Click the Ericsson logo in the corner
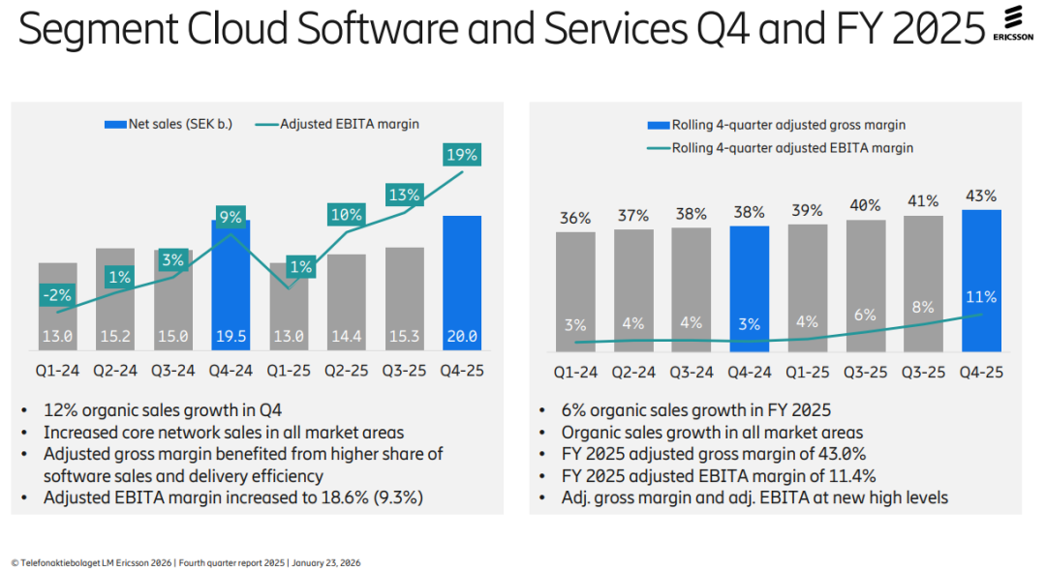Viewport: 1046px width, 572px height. coord(1013,24)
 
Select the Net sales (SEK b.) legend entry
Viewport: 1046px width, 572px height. coord(169,124)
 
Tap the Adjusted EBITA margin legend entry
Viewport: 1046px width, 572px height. coord(337,124)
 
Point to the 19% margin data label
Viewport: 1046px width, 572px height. coord(462,154)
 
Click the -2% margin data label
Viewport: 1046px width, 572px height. coord(56,295)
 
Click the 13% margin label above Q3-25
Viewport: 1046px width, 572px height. coord(404,195)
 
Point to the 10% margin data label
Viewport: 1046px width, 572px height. coord(346,215)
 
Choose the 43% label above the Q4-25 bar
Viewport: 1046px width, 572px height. coord(980,196)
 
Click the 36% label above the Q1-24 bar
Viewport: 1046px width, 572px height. coord(575,219)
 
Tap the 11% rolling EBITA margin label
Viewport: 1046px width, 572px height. coord(980,296)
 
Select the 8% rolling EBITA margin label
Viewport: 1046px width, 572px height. coord(922,307)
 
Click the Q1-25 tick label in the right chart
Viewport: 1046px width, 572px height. coord(807,370)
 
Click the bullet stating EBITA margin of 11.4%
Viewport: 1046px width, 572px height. coord(719,475)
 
